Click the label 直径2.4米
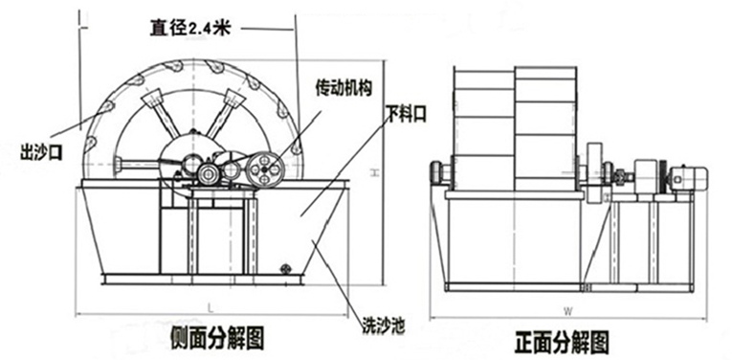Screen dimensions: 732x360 tap(190, 28)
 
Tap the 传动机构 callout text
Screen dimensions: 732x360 tap(344, 88)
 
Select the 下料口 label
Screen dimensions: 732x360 tap(406, 114)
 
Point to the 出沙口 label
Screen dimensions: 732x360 tap(41, 152)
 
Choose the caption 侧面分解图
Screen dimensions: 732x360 tap(217, 338)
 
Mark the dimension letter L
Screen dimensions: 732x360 tap(211, 307)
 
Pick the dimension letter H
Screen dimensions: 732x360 tap(374, 173)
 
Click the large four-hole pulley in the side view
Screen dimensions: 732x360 tap(265, 169)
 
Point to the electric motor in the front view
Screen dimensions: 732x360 tap(690, 177)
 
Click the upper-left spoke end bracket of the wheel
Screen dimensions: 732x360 tap(152, 100)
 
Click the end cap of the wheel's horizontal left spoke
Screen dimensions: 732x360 tap(117, 164)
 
